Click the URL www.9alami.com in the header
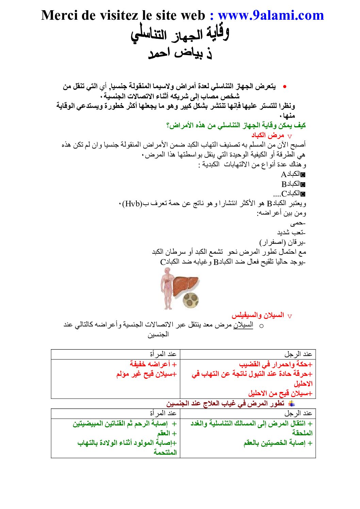pos(271,15)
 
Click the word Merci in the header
pos(60,15)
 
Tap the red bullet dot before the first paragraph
pos(284,87)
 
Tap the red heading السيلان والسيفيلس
pos(258,315)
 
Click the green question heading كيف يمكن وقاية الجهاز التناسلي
pos(236,125)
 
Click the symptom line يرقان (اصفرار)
pos(282,242)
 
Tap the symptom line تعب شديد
pos(291,233)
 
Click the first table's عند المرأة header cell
pos(163,354)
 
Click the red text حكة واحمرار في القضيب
pos(276,364)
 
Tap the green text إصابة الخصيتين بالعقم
pos(278,443)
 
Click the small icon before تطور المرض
pos(291,404)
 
